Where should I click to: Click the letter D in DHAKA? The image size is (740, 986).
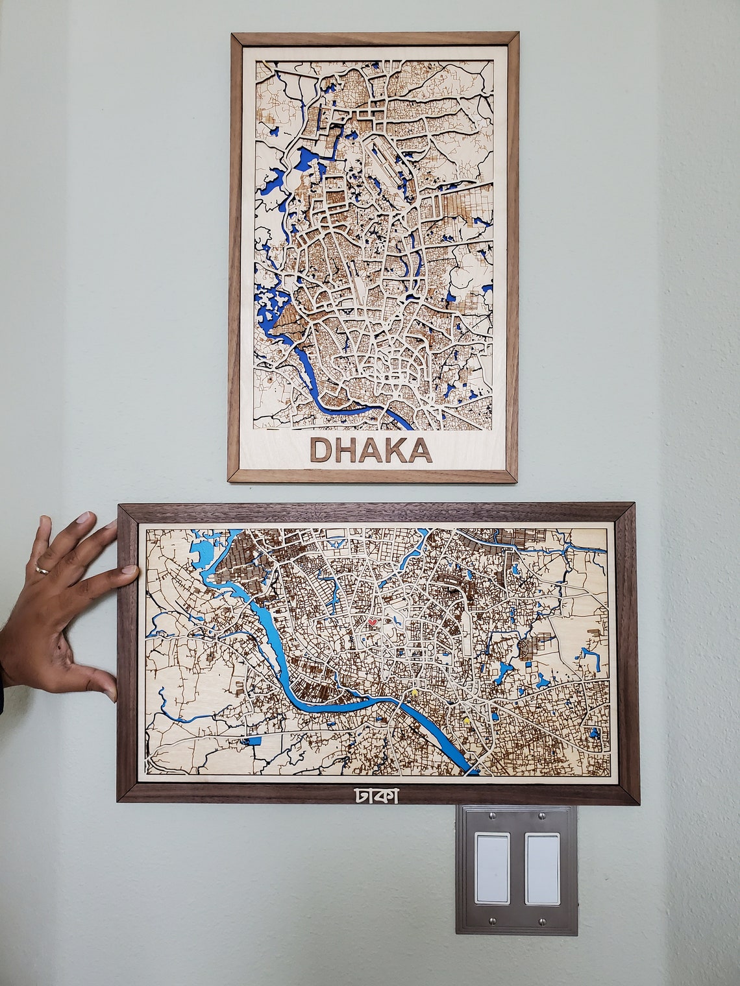(x=323, y=450)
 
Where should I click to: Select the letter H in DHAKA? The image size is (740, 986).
(x=347, y=450)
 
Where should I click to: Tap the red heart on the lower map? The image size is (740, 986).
(x=373, y=621)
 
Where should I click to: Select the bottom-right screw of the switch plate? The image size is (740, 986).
(x=540, y=920)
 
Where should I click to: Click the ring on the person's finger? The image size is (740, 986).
(x=42, y=569)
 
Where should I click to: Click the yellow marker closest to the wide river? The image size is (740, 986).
(x=415, y=693)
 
